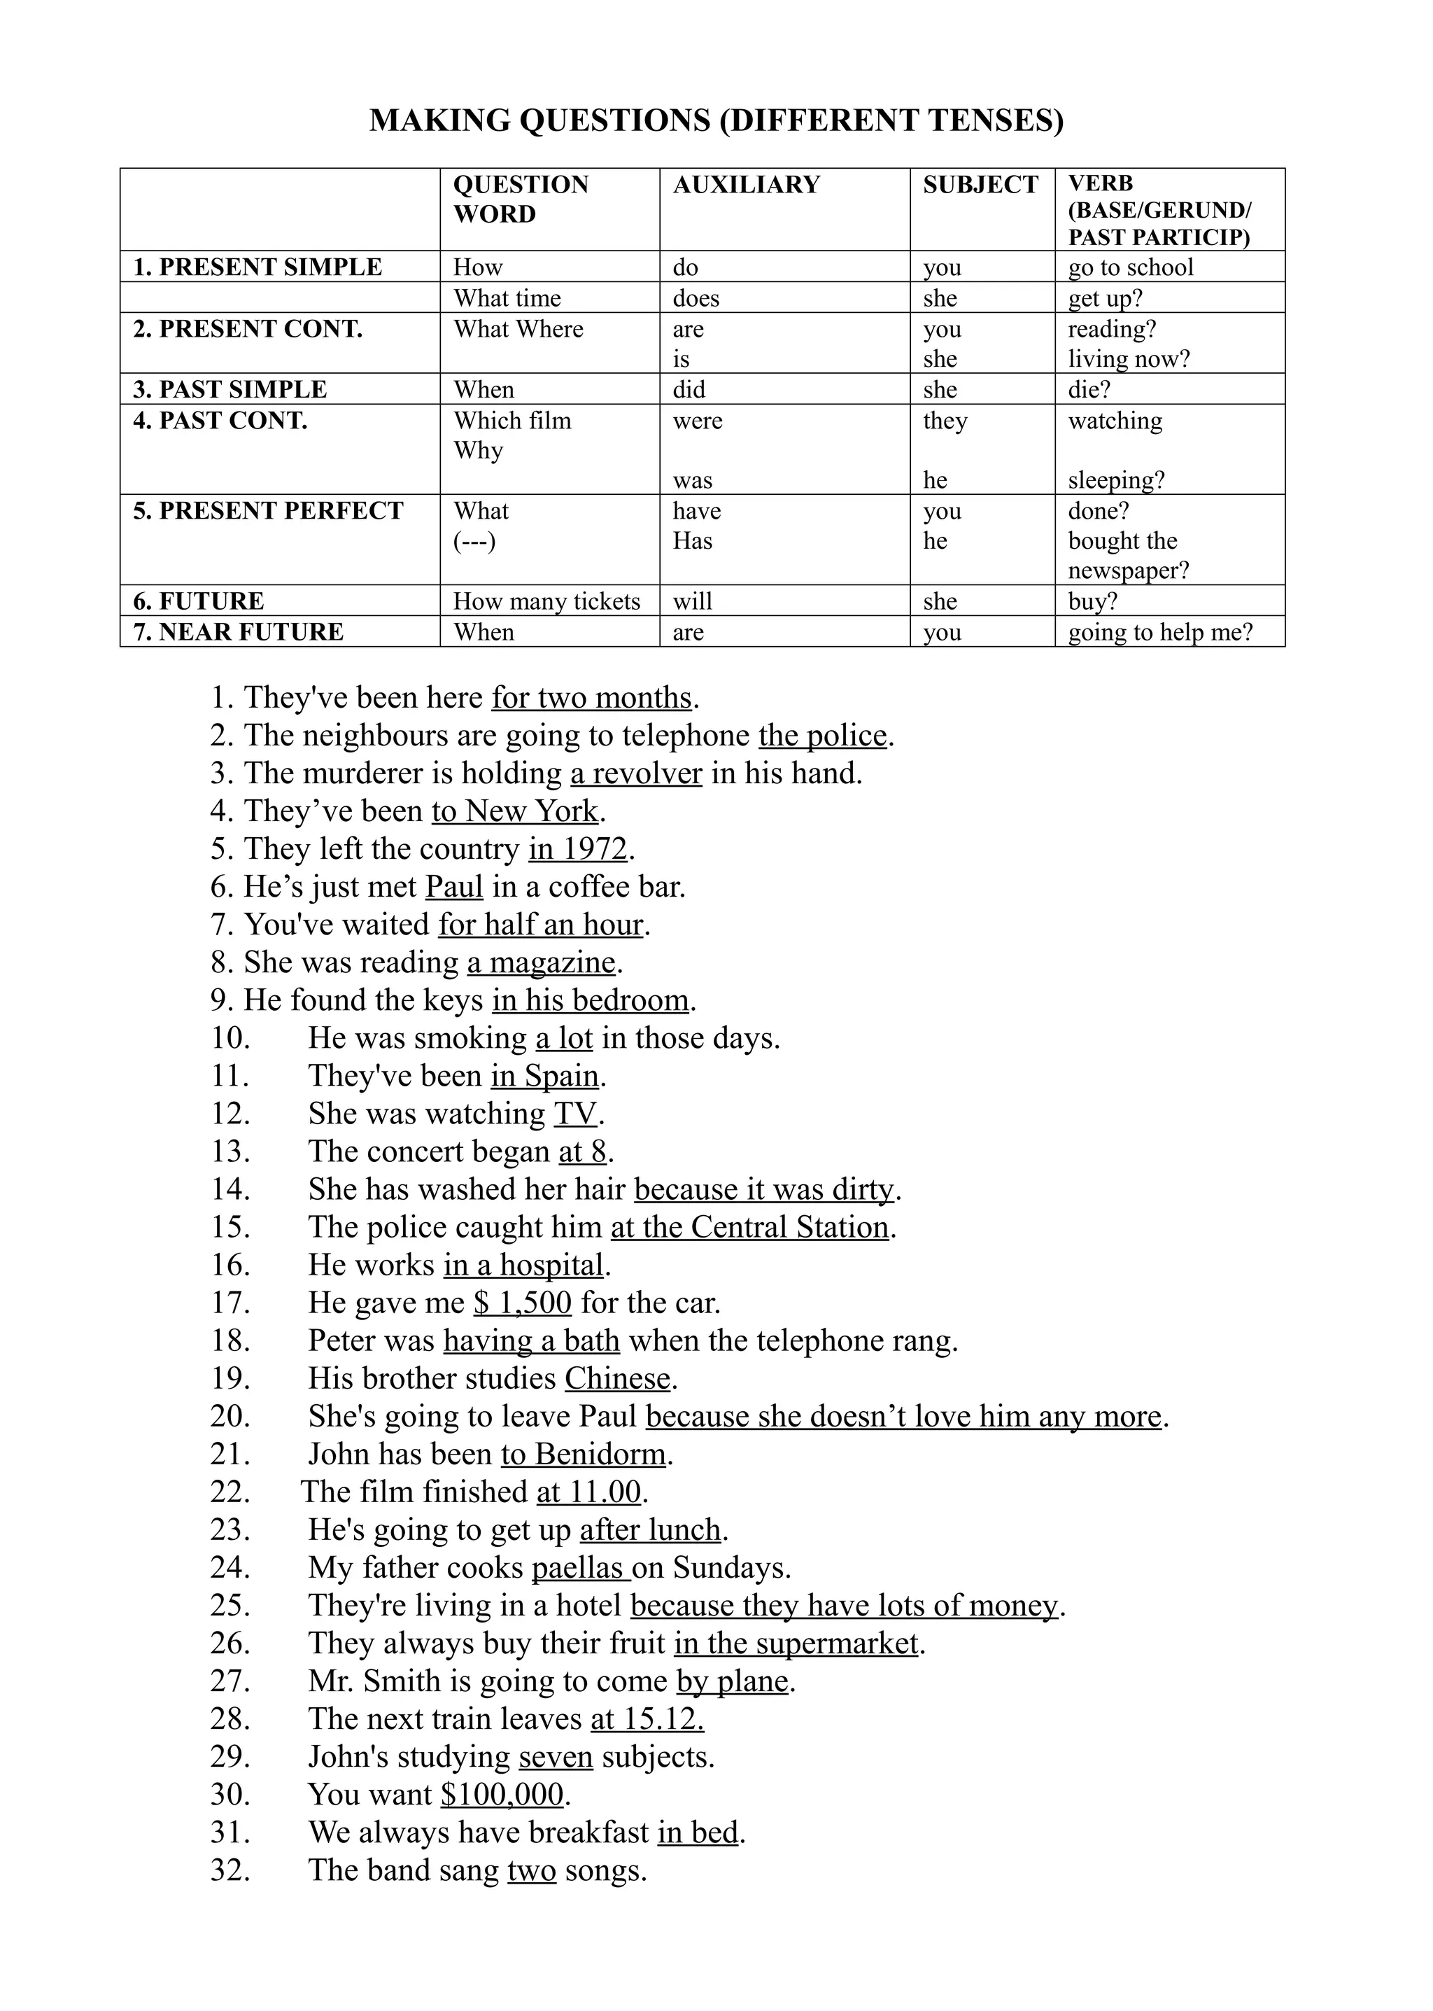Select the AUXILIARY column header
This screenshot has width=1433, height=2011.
coord(746,185)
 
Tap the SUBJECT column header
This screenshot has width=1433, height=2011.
coord(980,185)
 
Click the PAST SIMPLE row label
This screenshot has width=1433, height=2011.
coord(230,389)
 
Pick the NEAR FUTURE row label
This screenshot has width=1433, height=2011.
coord(238,632)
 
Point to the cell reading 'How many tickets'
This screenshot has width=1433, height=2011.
coord(546,601)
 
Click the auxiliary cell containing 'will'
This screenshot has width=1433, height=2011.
coord(692,601)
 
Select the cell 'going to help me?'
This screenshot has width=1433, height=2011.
coord(1159,632)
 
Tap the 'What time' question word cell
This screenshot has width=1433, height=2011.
coord(507,298)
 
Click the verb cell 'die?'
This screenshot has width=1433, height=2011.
coord(1089,389)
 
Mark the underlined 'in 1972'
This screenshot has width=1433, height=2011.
coord(578,848)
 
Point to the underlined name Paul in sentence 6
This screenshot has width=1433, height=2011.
coord(453,886)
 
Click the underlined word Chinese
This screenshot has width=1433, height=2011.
coord(618,1378)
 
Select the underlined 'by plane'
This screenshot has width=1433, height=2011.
coord(733,1681)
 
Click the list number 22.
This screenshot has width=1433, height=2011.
coord(230,1492)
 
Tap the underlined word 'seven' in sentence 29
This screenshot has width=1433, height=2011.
coord(556,1757)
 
